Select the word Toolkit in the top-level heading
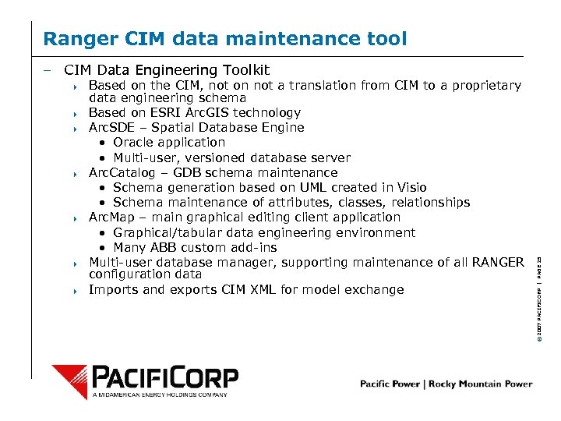(x=241, y=70)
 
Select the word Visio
(x=410, y=188)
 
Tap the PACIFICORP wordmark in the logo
(x=164, y=378)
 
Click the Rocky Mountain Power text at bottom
(x=490, y=384)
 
